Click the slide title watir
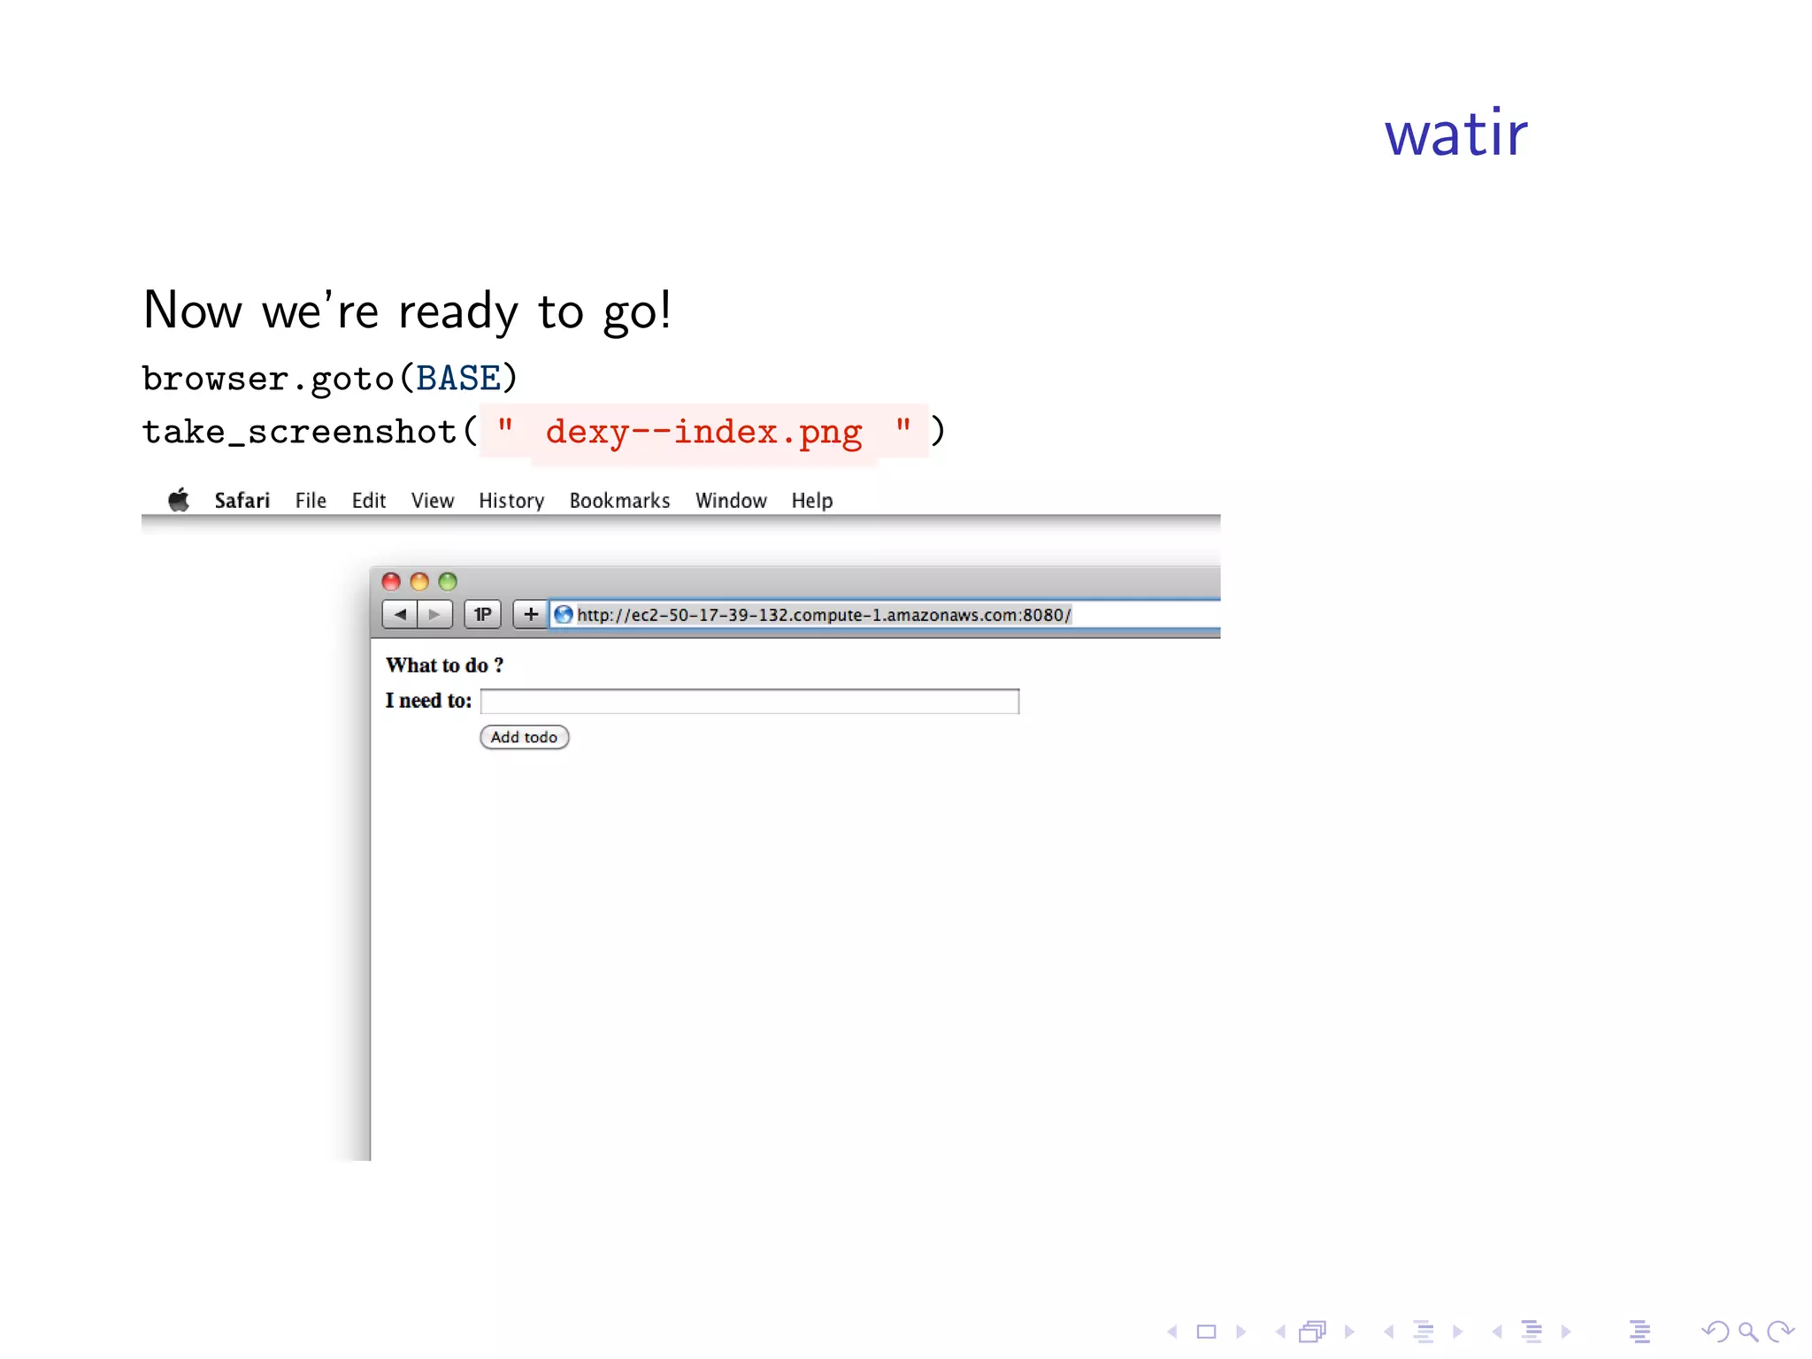1455,134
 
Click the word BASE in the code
458,378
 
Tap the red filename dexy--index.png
703,432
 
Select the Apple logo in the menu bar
179,500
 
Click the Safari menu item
242,501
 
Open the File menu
311,501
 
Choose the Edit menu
369,501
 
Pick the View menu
433,501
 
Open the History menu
511,501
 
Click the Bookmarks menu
619,501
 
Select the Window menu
731,501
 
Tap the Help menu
812,501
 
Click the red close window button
391,581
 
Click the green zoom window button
448,581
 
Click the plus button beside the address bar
531,614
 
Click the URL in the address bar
824,615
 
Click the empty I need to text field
749,702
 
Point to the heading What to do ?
444,665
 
